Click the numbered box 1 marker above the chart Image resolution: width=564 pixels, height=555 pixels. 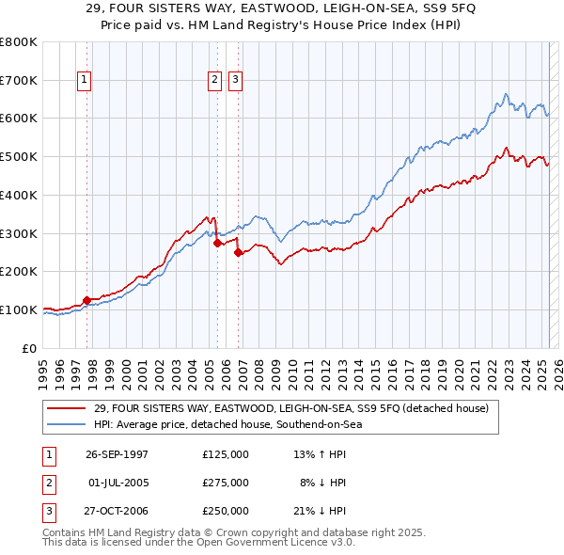tap(86, 81)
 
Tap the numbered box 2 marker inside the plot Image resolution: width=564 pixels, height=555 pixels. tap(215, 81)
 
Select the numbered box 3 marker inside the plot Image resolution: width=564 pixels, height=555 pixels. tap(234, 81)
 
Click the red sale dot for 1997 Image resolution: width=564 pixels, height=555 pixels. tap(87, 300)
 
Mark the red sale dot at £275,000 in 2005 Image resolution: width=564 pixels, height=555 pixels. tap(217, 243)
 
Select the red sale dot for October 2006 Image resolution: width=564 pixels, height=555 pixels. tap(239, 252)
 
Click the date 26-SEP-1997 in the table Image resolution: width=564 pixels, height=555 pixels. tap(117, 454)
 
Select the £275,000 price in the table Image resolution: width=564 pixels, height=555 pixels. tap(226, 483)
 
